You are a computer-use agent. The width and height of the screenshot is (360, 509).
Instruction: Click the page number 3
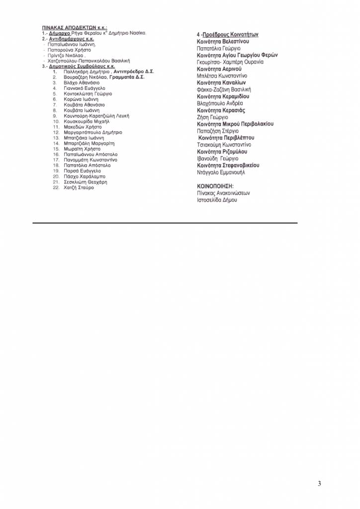[320, 484]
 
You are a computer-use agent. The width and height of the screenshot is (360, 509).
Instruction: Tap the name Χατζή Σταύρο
[79, 187]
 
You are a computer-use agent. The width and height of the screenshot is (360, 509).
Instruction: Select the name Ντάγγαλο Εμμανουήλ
[221, 172]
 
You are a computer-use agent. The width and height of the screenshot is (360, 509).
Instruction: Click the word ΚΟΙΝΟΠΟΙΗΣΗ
[214, 186]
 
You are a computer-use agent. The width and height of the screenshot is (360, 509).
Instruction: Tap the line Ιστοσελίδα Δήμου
[217, 200]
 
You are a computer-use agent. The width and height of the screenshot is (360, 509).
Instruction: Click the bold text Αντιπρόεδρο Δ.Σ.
[134, 72]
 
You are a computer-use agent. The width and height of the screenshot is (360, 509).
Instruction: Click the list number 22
[56, 187]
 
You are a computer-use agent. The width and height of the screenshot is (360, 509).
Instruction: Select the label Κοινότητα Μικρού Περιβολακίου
[235, 124]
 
